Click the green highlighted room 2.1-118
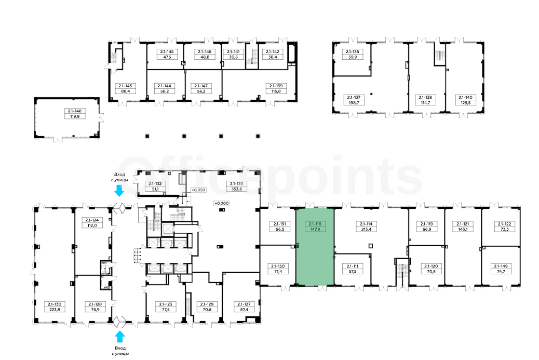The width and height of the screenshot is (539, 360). tap(315, 247)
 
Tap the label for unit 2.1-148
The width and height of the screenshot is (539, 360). tap(75, 114)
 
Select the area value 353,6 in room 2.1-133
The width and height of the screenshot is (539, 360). tap(236, 189)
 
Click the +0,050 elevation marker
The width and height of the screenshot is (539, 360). tap(198, 190)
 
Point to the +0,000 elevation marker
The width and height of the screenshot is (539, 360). tap(221, 203)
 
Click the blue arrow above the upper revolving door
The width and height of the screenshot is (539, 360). tap(119, 191)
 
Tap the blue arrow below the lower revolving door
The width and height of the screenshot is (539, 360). tap(119, 337)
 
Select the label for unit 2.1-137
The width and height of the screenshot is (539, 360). tap(354, 100)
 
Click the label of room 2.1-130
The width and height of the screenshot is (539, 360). tap(55, 306)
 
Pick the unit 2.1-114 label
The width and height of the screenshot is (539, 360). tap(366, 226)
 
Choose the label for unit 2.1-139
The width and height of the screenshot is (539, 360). tap(276, 89)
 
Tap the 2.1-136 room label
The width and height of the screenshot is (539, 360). tap(353, 55)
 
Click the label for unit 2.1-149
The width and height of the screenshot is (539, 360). tap(501, 269)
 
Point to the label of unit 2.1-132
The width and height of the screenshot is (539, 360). tap(155, 186)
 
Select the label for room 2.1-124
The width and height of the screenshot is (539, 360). tap(92, 223)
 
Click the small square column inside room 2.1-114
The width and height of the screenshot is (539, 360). tap(371, 246)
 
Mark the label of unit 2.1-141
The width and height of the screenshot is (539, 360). tap(233, 55)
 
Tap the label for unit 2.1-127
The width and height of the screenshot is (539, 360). tap(244, 306)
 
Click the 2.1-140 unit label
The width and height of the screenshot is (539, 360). tap(465, 100)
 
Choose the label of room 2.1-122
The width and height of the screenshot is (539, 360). tap(504, 226)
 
